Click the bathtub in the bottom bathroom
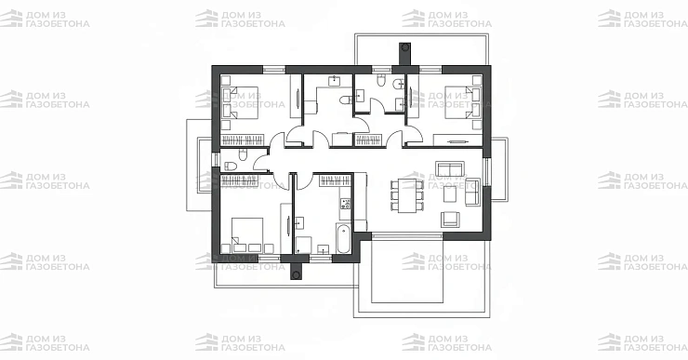pyautogui.click(x=343, y=238)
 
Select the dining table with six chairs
pyautogui.click(x=407, y=194)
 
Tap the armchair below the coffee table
pyautogui.click(x=450, y=220)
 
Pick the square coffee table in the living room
pyautogui.click(x=450, y=193)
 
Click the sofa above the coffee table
pyautogui.click(x=450, y=168)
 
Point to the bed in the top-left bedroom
pyautogui.click(x=240, y=102)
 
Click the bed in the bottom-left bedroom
pyautogui.click(x=247, y=234)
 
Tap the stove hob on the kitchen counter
pyautogui.click(x=346, y=204)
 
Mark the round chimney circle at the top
pyautogui.click(x=404, y=47)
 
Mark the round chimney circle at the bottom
pyautogui.click(x=297, y=275)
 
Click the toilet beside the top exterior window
pyautogui.click(x=381, y=80)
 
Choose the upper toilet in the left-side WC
pyautogui.click(x=243, y=154)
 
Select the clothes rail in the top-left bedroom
pyautogui.click(x=243, y=140)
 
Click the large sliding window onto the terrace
pyautogui.click(x=407, y=235)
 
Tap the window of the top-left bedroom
pyautogui.click(x=274, y=69)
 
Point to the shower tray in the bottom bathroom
pyautogui.click(x=303, y=245)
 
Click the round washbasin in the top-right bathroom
pyautogui.click(x=399, y=84)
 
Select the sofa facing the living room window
pyautogui.click(x=472, y=192)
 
